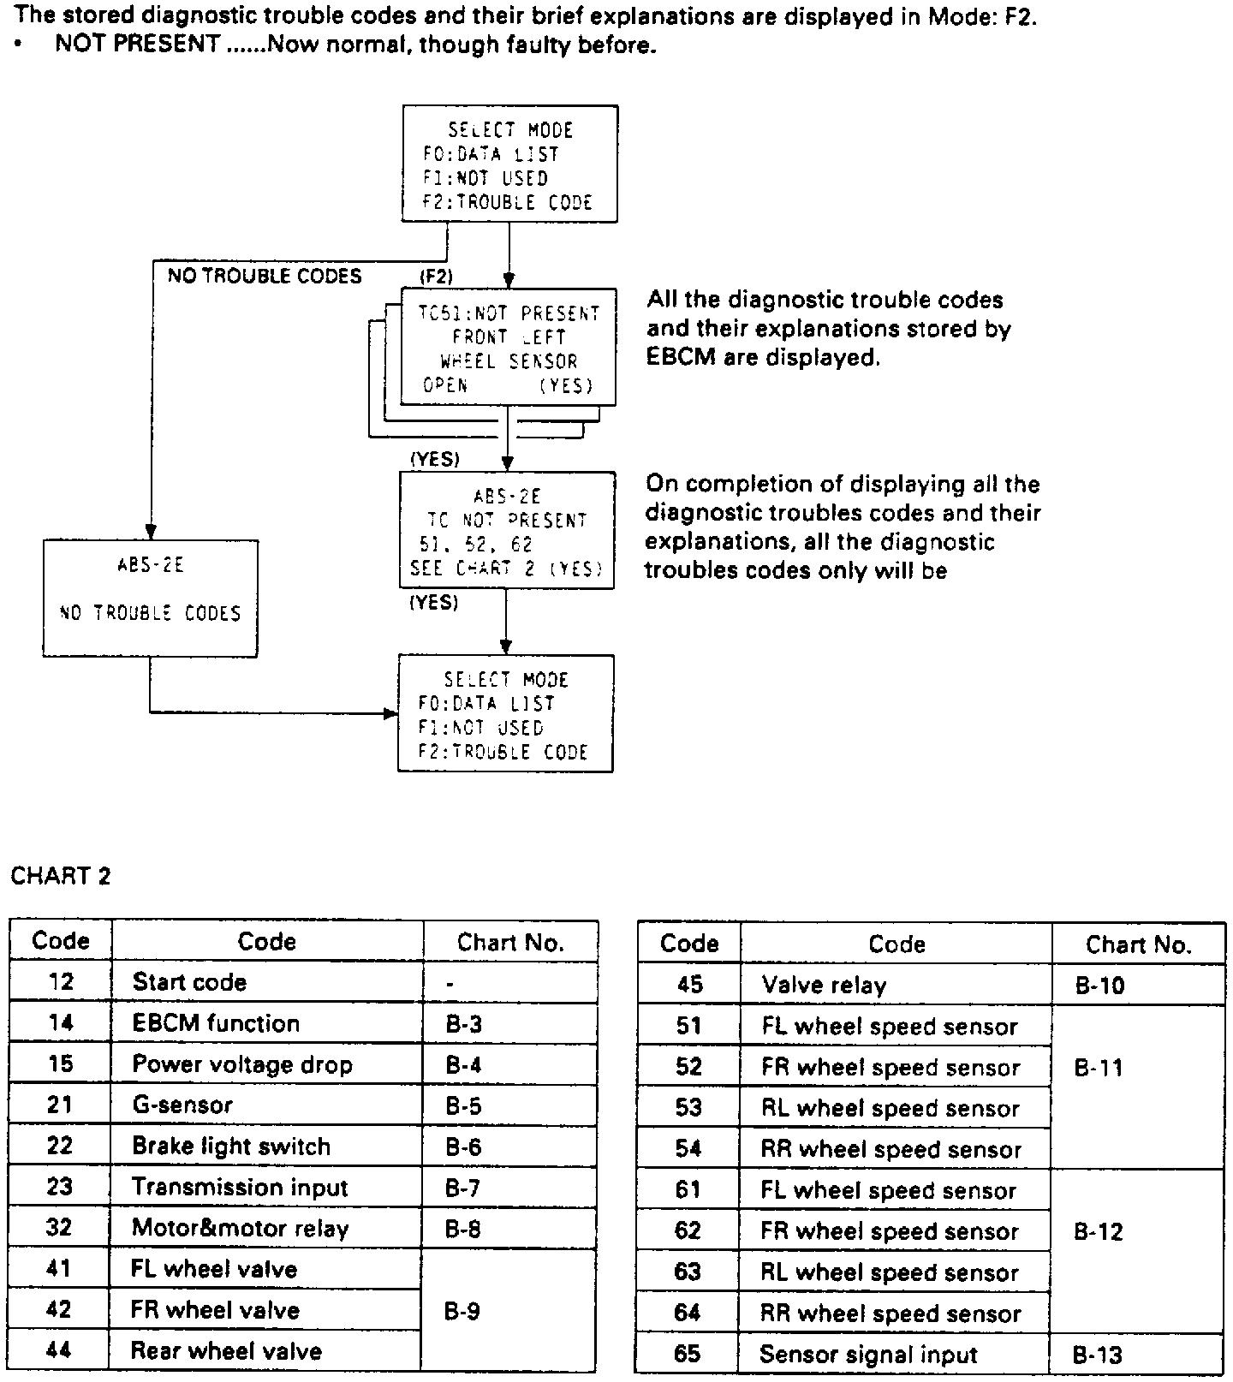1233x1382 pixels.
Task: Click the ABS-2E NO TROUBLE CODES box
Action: (150, 598)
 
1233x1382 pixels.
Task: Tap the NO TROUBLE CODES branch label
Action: (265, 276)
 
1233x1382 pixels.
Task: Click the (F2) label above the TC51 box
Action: (436, 276)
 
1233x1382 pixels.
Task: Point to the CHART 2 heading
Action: (61, 876)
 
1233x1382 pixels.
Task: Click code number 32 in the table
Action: (59, 1228)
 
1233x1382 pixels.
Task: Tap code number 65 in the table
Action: (688, 1354)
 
